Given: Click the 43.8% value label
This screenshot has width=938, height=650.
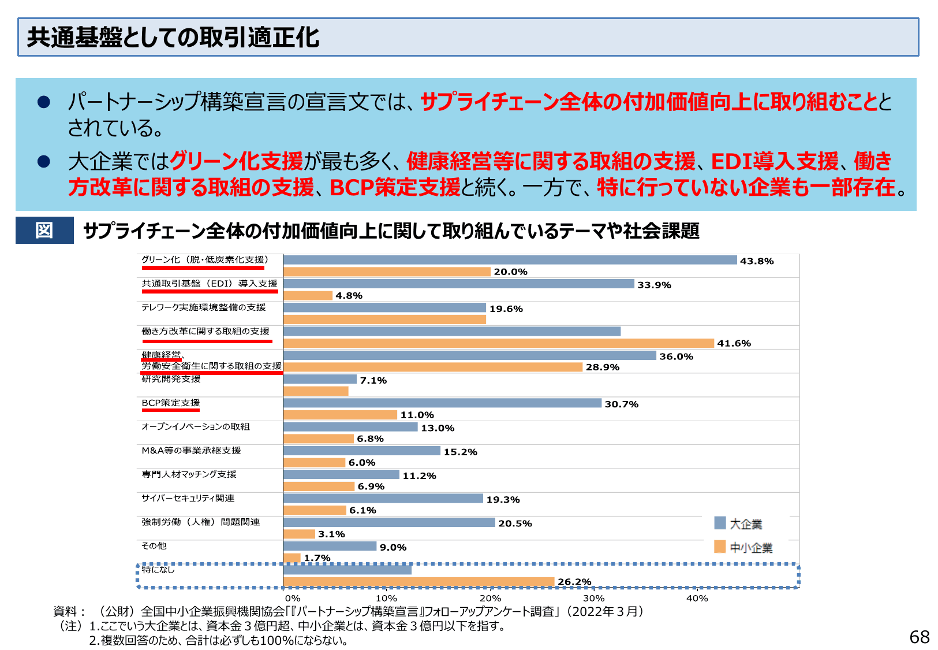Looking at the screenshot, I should [756, 261].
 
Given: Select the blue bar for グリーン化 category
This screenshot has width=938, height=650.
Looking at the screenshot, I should [510, 260].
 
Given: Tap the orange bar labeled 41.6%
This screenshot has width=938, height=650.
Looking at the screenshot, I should [498, 343].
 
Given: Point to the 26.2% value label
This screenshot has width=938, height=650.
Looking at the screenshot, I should [574, 582].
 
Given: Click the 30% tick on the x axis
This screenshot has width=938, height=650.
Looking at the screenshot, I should [593, 599].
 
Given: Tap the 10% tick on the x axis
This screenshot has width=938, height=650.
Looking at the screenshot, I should [386, 599].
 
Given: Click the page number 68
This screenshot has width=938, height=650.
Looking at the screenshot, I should [919, 637].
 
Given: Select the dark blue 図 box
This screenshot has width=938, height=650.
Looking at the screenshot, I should [44, 230].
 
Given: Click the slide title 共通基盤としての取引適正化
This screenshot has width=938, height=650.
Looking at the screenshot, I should [173, 38].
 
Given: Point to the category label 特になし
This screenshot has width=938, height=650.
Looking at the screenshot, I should [158, 570].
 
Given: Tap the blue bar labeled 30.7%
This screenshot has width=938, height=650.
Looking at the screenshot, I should [442, 403].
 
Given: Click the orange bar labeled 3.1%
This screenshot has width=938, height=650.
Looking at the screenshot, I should [299, 534].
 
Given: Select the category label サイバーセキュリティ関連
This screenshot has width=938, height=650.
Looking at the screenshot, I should [188, 498].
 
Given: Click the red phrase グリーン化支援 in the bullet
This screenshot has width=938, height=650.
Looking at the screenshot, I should [237, 161].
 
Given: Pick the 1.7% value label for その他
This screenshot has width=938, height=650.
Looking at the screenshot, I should [317, 558].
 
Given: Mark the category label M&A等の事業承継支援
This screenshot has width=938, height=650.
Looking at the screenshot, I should [191, 451].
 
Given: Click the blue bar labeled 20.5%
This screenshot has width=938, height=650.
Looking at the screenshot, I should [389, 522].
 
